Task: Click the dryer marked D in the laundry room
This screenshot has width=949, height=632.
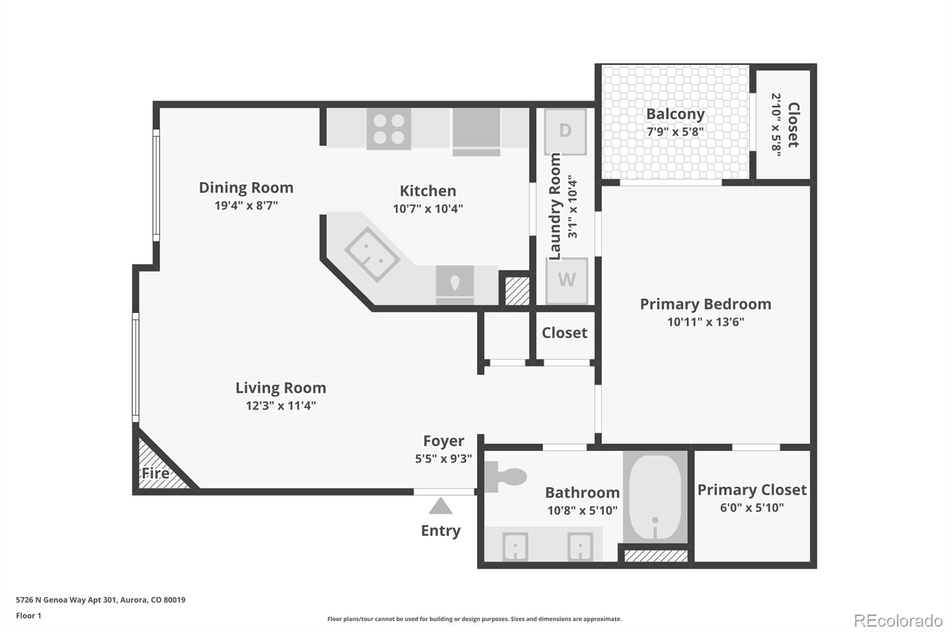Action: pyautogui.click(x=565, y=132)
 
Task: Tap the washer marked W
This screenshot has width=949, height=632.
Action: pyautogui.click(x=566, y=280)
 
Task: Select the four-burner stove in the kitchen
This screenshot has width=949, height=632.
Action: pyautogui.click(x=388, y=129)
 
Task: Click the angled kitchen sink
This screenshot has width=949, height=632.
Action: pyautogui.click(x=372, y=254)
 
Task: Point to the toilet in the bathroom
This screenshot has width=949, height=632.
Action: pyautogui.click(x=505, y=477)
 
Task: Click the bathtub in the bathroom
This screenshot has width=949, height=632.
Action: pyautogui.click(x=655, y=496)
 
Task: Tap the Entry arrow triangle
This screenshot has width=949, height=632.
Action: pyautogui.click(x=441, y=506)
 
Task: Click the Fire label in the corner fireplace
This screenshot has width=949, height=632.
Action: pyautogui.click(x=155, y=473)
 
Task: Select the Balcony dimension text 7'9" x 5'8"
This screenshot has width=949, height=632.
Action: pyautogui.click(x=676, y=132)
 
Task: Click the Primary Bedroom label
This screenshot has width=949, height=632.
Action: pyautogui.click(x=705, y=304)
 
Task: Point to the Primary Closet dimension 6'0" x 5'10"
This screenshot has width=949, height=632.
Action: pyautogui.click(x=752, y=507)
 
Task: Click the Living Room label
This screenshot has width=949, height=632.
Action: pyautogui.click(x=281, y=388)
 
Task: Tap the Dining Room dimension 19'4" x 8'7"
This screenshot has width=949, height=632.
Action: pyautogui.click(x=246, y=206)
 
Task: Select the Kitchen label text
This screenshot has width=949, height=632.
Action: pyautogui.click(x=428, y=191)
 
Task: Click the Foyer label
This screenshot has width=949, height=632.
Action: pyautogui.click(x=444, y=441)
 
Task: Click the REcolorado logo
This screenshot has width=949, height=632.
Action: pyautogui.click(x=898, y=621)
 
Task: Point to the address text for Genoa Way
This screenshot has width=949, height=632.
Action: pyautogui.click(x=100, y=600)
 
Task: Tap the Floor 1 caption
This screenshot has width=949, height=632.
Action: pyautogui.click(x=28, y=616)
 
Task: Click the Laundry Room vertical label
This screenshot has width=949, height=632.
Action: pyautogui.click(x=555, y=206)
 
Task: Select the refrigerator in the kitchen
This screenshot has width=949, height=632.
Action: pyautogui.click(x=477, y=132)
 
